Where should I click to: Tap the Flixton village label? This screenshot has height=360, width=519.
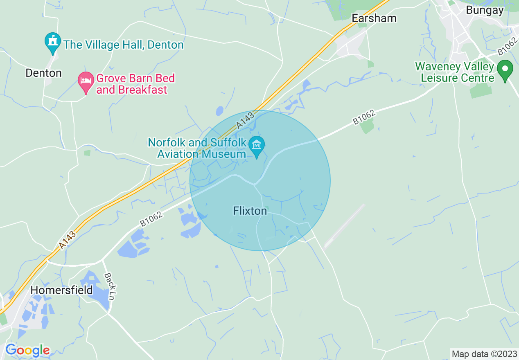click(250, 211)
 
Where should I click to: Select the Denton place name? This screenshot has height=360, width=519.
click(43, 73)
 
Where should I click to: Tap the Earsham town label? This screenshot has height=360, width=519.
click(374, 18)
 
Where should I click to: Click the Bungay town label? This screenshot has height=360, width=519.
click(485, 11)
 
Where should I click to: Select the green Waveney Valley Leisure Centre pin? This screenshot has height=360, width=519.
click(505, 70)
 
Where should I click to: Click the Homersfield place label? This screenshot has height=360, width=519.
click(62, 290)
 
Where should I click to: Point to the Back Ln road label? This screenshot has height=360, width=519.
click(109, 286)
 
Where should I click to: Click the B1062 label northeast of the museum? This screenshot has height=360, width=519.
click(364, 117)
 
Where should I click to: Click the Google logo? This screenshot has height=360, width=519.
click(27, 351)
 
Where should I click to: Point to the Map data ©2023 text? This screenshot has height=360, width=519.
click(484, 354)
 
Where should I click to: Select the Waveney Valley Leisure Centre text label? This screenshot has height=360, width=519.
click(455, 72)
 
